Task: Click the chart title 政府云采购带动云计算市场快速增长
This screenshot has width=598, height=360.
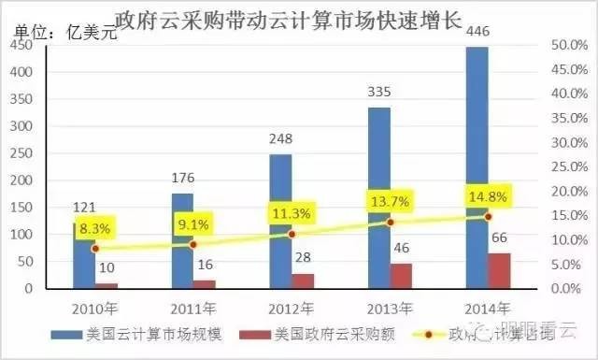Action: pyautogui.click(x=289, y=19)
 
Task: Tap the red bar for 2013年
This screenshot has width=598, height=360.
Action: pyautogui.click(x=401, y=277)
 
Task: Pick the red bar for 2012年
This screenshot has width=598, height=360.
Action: pyautogui.click(x=303, y=281)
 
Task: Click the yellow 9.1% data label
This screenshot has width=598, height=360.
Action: pyautogui.click(x=192, y=223)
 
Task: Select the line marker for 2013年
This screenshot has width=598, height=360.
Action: pyautogui.click(x=390, y=223)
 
